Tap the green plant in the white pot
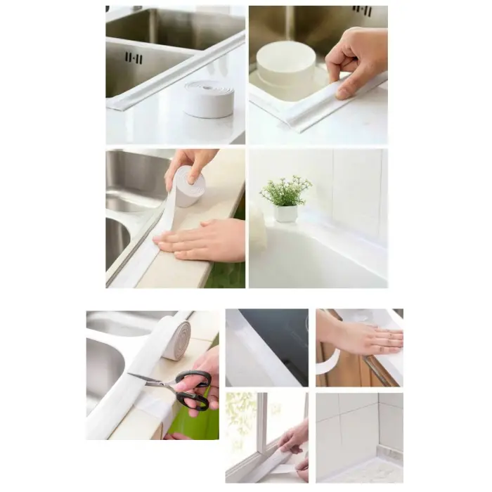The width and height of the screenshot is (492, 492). pos(285,191)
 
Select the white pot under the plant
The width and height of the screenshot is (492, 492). pos(285,213)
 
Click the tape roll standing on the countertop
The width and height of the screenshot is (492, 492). pos(209,98)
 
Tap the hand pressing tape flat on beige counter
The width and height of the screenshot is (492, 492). pos(204,239)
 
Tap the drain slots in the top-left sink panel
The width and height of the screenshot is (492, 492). pos(134,57)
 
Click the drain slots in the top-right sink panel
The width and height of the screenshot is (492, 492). pos(362,11)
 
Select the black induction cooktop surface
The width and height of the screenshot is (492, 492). pos(278,337)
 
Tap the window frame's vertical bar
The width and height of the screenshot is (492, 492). pos(261,422)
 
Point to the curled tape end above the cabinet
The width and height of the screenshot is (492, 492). pos(327,365)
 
